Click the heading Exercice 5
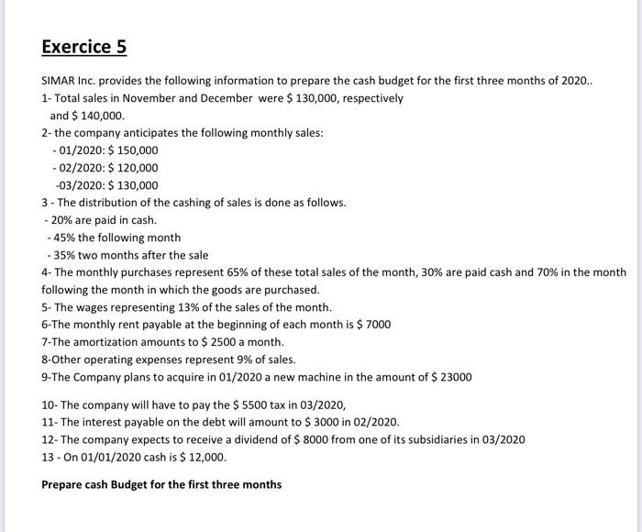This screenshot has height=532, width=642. pos(84,46)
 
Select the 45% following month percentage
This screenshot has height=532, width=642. pos(65,238)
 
